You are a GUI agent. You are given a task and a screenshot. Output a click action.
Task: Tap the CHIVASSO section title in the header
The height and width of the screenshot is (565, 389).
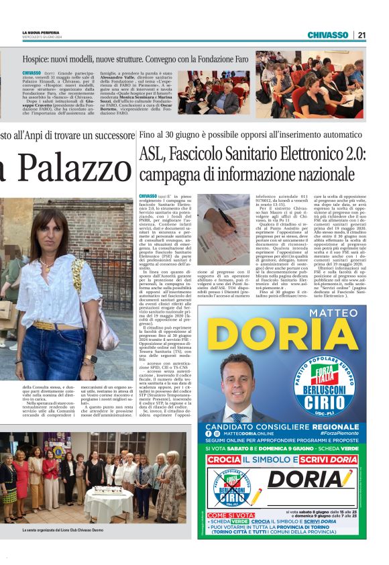point(327,35)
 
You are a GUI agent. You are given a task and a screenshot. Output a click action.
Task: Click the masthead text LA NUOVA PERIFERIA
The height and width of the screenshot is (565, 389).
point(41,32)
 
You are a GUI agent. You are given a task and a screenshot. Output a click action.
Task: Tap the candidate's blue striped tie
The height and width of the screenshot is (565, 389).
point(238,417)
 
